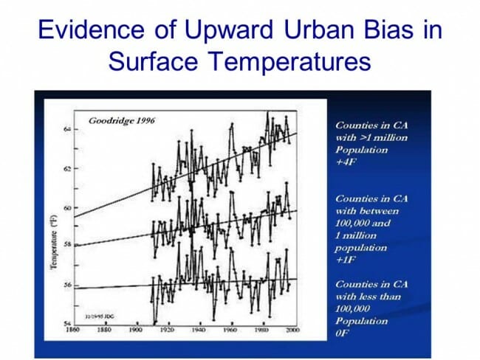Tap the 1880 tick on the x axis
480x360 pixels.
pyautogui.click(x=105, y=330)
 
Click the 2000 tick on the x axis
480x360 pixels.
pyautogui.click(x=292, y=330)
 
